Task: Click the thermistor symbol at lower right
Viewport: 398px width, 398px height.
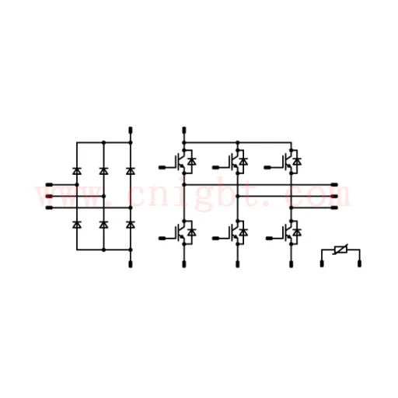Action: [340, 250]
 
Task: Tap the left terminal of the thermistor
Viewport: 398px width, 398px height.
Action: [322, 264]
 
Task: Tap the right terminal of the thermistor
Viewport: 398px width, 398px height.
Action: [359, 264]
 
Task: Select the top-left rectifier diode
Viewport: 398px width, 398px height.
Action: [77, 171]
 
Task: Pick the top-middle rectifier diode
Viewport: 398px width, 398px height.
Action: [103, 171]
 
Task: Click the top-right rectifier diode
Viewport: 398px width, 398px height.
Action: [131, 171]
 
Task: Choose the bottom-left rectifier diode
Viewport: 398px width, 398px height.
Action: [77, 225]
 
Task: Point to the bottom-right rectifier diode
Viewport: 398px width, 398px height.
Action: [131, 225]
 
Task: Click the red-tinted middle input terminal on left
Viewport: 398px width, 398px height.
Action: [49, 196]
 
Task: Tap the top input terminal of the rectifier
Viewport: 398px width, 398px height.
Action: [49, 184]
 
